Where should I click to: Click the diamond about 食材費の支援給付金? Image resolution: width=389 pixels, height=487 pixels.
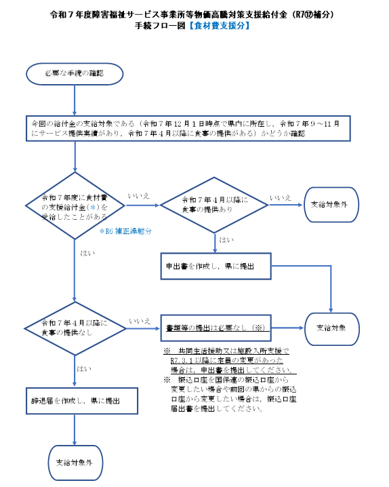(x=75, y=203)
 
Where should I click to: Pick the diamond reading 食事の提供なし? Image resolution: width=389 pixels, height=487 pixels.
(x=75, y=327)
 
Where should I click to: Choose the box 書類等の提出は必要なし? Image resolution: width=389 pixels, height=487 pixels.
(x=215, y=327)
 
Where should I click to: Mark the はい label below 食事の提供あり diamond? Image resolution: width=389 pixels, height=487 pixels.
(x=225, y=239)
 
